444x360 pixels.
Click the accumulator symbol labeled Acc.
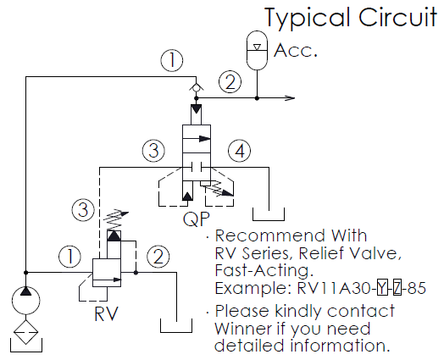(x=257, y=50)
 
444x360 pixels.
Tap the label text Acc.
(x=296, y=50)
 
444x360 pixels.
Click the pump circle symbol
(x=25, y=301)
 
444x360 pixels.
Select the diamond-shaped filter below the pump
(x=25, y=332)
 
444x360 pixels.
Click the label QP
(x=197, y=219)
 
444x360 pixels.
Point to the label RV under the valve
(x=106, y=314)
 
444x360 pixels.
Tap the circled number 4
(x=240, y=151)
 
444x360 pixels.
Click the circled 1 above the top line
(x=172, y=61)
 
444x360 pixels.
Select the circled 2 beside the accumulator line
(x=230, y=82)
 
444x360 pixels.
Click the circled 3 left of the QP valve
(x=153, y=151)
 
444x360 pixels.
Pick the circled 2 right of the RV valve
(x=158, y=257)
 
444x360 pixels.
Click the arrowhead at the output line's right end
(x=290, y=98)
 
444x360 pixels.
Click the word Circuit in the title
(x=397, y=17)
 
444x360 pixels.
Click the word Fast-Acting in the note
(x=264, y=270)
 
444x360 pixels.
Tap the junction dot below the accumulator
(x=257, y=98)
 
